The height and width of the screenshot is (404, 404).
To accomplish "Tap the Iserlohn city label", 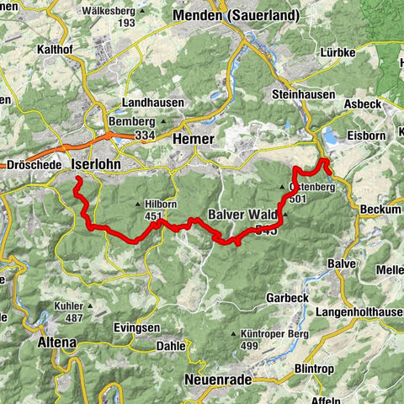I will (97, 164).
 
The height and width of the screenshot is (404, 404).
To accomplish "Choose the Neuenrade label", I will (218, 380).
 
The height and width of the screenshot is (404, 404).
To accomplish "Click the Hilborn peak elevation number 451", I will (152, 215).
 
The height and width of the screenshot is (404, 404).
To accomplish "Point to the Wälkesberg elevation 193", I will (127, 23).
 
